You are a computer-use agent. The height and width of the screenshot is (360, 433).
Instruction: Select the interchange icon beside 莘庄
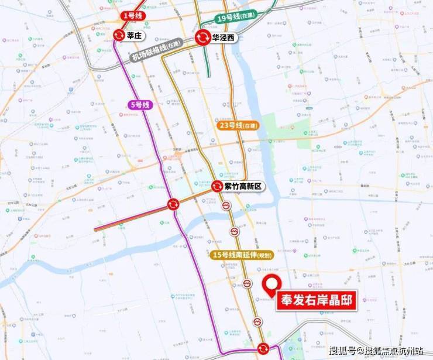tap(119, 35)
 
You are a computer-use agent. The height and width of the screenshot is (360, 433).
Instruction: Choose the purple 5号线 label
tap(140, 105)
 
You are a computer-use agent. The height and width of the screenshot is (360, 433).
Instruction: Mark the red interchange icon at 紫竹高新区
tap(217, 187)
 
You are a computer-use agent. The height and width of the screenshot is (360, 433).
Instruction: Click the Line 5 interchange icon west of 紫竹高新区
tap(173, 204)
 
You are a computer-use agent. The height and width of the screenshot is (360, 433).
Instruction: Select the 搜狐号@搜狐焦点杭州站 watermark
tap(376, 351)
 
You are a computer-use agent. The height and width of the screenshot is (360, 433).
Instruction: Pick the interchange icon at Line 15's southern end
tap(263, 348)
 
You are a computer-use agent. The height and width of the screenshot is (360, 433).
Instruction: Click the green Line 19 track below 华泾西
tap(209, 64)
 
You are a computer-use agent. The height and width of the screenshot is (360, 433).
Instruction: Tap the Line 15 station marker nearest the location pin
tap(248, 284)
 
